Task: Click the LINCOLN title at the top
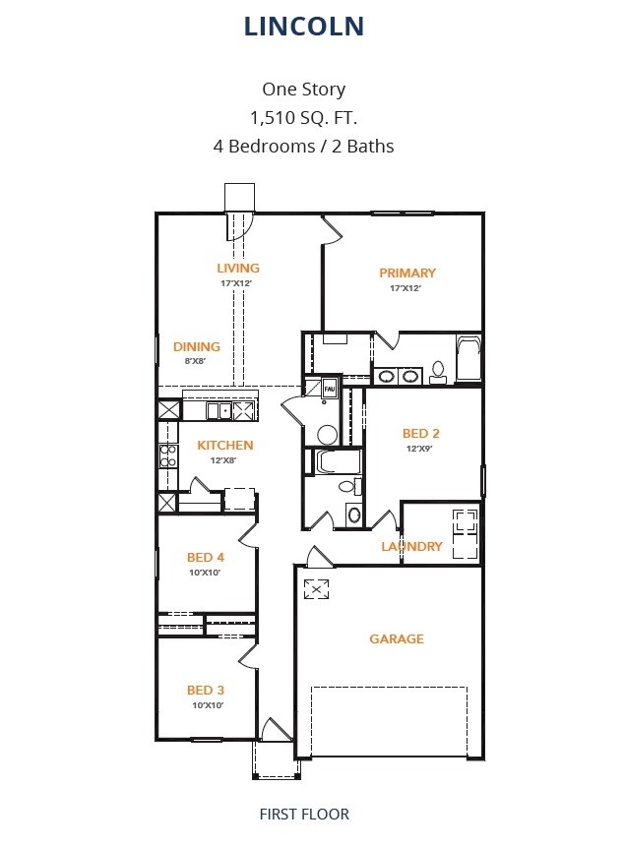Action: pyautogui.click(x=303, y=27)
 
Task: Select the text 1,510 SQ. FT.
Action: pyautogui.click(x=303, y=118)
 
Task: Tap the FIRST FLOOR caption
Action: pyautogui.click(x=303, y=814)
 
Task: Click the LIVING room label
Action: pyautogui.click(x=238, y=268)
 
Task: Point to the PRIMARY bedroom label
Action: pyautogui.click(x=407, y=273)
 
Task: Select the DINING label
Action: pyautogui.click(x=197, y=346)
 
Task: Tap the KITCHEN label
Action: pyautogui.click(x=225, y=445)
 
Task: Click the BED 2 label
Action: pyautogui.click(x=420, y=433)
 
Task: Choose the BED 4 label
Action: pyautogui.click(x=206, y=557)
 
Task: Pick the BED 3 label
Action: pyautogui.click(x=206, y=690)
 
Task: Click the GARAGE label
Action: pyautogui.click(x=397, y=638)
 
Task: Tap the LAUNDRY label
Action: pyautogui.click(x=411, y=546)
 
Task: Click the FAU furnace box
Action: pyautogui.click(x=330, y=390)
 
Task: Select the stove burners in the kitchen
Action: pyautogui.click(x=168, y=455)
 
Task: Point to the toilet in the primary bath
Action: pyautogui.click(x=439, y=371)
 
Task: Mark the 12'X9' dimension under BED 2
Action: pyautogui.click(x=420, y=449)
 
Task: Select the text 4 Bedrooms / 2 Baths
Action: pyautogui.click(x=303, y=147)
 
